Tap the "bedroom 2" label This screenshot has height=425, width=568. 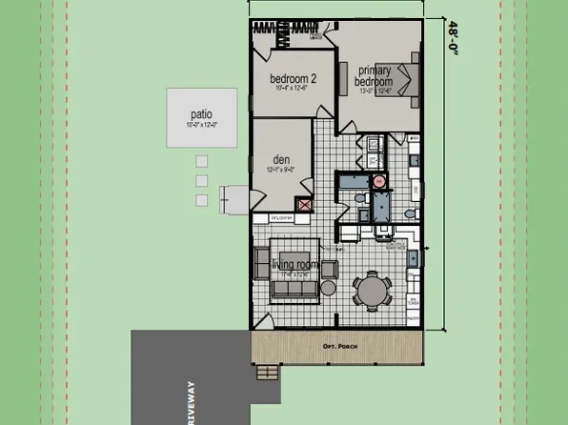coord(294,78)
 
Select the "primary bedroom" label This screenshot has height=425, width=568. coord(375,76)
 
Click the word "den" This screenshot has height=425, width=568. coord(280,159)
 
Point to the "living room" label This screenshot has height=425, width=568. coord(293,264)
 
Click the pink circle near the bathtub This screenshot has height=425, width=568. coord(378,180)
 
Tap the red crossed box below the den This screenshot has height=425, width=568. coord(305,204)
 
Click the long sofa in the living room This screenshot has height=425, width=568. coord(295,288)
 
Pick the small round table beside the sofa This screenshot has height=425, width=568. coord(328,288)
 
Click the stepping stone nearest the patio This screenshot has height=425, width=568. coord(201,160)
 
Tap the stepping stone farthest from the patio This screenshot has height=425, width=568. coord(201,200)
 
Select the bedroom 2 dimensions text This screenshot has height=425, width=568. coord(294,89)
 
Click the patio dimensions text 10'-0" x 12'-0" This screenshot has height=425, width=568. coord(202,125)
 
